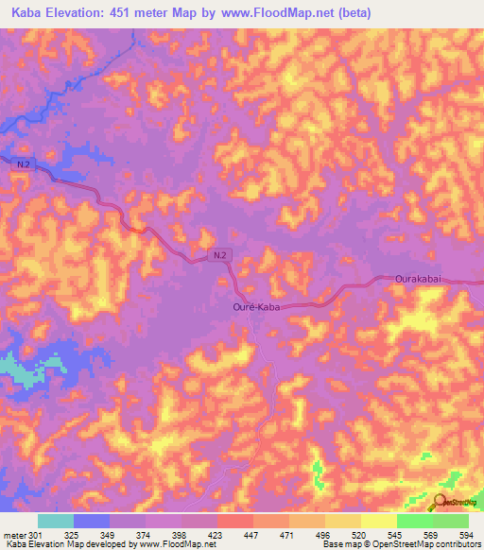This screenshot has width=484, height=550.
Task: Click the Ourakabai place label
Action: point(418,280)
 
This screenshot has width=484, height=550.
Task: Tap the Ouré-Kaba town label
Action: point(259,307)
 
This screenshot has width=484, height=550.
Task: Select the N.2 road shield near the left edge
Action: point(25,163)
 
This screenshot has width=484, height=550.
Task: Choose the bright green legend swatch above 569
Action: point(414,521)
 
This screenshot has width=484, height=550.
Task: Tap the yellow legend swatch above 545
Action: point(378,521)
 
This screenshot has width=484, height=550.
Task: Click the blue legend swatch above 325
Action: point(91,521)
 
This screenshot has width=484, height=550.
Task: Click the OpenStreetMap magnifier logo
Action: point(441,501)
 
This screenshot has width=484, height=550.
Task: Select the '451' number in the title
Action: point(127,12)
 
